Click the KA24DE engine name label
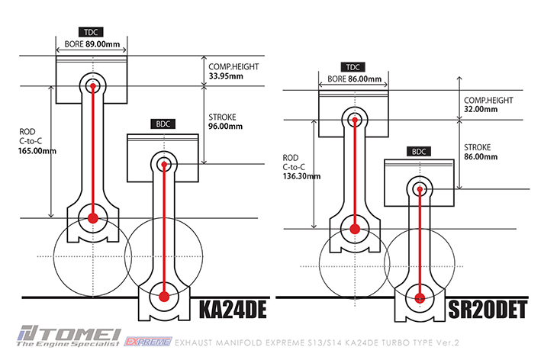click(x=233, y=309)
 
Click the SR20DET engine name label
click(x=488, y=309)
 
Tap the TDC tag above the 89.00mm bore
click(x=91, y=32)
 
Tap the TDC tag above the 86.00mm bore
click(x=353, y=67)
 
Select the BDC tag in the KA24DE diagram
click(x=163, y=124)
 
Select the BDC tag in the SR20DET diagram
click(x=419, y=152)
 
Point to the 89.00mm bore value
click(x=103, y=44)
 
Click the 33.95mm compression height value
click(x=226, y=76)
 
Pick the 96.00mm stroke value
click(x=225, y=127)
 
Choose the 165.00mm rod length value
click(x=37, y=151)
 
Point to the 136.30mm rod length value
click(x=301, y=176)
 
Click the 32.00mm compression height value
click(x=481, y=109)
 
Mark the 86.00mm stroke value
click(x=481, y=156)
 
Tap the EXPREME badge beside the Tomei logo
click(x=148, y=342)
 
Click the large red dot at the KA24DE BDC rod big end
click(x=164, y=297)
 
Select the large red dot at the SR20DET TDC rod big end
click(x=355, y=230)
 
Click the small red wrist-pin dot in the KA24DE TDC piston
click(x=93, y=86)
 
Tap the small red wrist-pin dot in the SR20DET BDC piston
click(x=420, y=189)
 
